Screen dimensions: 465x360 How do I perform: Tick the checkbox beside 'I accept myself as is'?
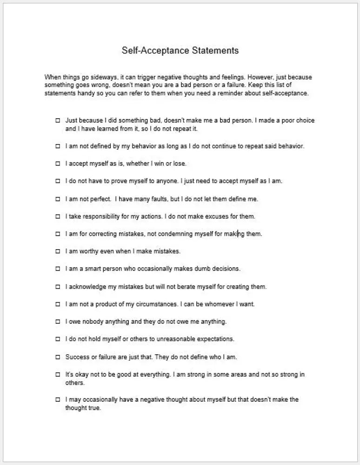[58, 164]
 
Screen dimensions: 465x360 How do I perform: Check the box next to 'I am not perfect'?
[58, 199]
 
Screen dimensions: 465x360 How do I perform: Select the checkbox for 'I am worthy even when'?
[58, 252]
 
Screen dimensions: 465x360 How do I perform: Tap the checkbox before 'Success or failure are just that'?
[58, 357]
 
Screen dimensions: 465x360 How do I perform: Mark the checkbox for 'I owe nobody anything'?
[58, 322]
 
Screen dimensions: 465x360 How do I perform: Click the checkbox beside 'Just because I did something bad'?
[58, 120]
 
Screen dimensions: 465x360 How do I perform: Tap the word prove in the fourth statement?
[114, 181]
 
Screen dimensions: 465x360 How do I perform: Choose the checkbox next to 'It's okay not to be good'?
[58, 374]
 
